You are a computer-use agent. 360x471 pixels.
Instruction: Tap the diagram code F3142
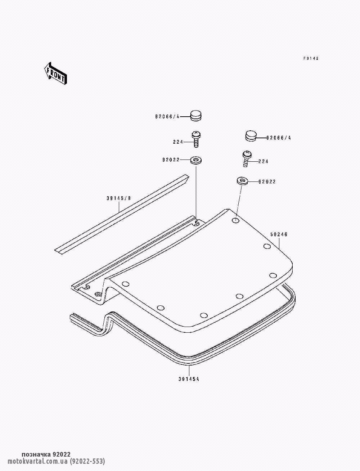(311, 58)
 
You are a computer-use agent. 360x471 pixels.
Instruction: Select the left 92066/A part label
(167, 116)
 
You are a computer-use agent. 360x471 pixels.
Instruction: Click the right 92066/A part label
(279, 138)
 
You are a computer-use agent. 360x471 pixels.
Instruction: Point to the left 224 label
(178, 142)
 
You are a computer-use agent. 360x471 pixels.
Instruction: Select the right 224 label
(263, 162)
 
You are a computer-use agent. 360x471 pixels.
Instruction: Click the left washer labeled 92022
(196, 160)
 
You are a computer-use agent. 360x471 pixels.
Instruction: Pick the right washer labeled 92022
(242, 180)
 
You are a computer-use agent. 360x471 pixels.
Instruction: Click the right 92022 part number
(267, 182)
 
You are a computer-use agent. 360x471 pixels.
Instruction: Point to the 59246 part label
(279, 234)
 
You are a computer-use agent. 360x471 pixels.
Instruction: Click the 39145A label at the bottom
(189, 379)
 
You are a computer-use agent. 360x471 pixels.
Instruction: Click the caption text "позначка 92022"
(46, 455)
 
